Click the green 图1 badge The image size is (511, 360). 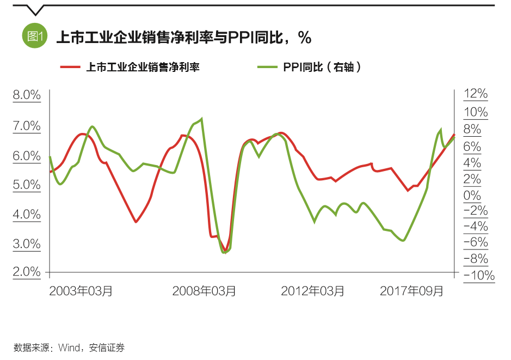click(x=35, y=36)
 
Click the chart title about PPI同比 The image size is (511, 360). click(x=183, y=37)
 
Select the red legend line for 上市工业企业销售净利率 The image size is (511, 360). click(x=70, y=67)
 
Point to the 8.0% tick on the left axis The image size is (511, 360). click(x=27, y=95)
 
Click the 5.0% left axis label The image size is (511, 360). click(x=27, y=185)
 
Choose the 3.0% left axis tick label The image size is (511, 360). click(x=27, y=244)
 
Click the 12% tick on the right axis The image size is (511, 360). click(x=475, y=94)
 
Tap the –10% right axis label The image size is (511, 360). click(x=478, y=276)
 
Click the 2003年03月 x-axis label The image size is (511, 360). click(x=81, y=291)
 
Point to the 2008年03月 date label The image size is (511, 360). click(x=204, y=291)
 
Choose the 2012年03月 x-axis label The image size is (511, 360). click(x=312, y=291)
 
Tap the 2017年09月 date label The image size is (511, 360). click(x=411, y=291)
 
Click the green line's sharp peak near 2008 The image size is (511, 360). click(x=202, y=119)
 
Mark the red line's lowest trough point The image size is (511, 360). click(x=225, y=250)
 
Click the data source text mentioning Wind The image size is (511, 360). click(x=69, y=347)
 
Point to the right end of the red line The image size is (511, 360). click(x=454, y=135)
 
